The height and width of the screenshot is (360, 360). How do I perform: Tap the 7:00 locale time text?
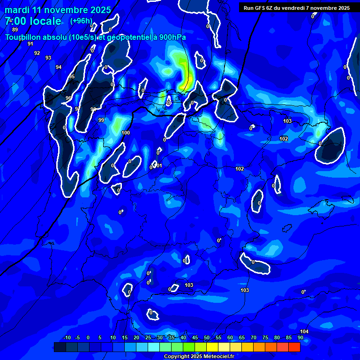pyautogui.click(x=33, y=21)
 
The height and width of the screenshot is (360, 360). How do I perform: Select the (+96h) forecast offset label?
pyautogui.click(x=81, y=21)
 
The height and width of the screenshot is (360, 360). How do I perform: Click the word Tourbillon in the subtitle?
pyautogui.click(x=25, y=37)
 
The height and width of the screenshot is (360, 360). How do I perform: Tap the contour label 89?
pyautogui.click(x=15, y=30)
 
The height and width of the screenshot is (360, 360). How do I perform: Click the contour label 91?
pyautogui.click(x=30, y=44)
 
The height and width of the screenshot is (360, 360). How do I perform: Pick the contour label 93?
pyautogui.click(x=48, y=58)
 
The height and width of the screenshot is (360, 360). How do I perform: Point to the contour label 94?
pyautogui.click(x=59, y=67)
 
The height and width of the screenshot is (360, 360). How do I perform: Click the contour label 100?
pyautogui.click(x=126, y=133)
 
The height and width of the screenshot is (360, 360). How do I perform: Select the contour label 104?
pyautogui.click(x=304, y=331)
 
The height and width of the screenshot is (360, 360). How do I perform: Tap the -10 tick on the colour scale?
pyautogui.click(x=67, y=337)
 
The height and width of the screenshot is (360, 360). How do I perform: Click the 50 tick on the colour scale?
pyautogui.click(x=207, y=337)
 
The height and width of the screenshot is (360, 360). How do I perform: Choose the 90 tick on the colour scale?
pyautogui.click(x=300, y=337)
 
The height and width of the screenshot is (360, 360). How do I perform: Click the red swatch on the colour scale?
pyautogui.click(x=294, y=347)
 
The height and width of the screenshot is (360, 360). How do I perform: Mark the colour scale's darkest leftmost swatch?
pyautogui.click(x=60, y=347)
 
